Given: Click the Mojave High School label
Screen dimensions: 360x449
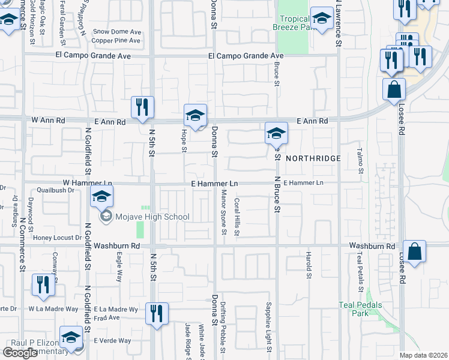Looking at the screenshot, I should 152,217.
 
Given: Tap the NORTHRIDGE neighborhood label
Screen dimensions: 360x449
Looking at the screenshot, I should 313,158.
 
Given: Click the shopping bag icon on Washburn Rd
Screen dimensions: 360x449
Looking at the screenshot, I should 414,252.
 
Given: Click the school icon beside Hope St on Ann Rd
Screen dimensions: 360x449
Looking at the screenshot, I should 195,116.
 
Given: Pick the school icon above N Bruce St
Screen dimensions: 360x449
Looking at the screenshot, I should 276,134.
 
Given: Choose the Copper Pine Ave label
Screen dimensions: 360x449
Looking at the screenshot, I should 116,41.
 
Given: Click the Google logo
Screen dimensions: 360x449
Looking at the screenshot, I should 20,353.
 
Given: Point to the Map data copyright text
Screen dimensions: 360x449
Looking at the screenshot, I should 423,355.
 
